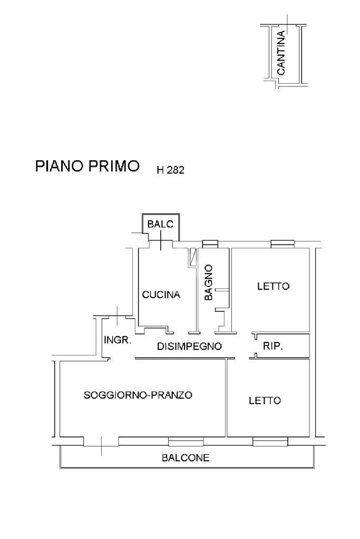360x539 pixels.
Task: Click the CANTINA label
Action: (281, 53)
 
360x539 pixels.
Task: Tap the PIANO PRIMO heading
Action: (87, 166)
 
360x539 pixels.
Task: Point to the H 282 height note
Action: (170, 170)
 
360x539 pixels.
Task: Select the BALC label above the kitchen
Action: (160, 224)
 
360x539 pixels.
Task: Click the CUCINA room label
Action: (161, 295)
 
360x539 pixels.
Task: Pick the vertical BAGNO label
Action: (209, 282)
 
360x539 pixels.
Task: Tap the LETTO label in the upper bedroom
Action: (273, 287)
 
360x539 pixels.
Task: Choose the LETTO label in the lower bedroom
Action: (265, 400)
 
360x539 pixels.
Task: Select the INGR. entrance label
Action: (117, 340)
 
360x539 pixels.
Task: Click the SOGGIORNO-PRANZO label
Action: (138, 395)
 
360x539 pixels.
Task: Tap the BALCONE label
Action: (185, 458)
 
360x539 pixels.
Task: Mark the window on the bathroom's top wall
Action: (210, 243)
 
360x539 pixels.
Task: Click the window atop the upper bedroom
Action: (283, 243)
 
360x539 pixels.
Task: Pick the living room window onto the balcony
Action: (186, 442)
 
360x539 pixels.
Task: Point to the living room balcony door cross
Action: (101, 445)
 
